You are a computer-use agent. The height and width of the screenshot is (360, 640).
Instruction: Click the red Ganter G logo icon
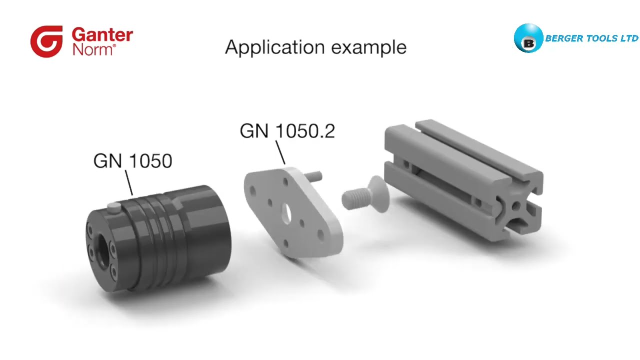(x=46, y=41)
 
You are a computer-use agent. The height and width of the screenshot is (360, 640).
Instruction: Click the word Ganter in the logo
(x=102, y=35)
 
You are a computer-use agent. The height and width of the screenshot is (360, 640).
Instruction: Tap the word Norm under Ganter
(x=93, y=49)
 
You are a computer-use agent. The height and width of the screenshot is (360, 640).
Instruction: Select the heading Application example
(x=315, y=47)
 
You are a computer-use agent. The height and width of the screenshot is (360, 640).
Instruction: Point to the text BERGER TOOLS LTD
(x=591, y=38)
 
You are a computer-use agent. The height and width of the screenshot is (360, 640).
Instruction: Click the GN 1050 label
(x=132, y=161)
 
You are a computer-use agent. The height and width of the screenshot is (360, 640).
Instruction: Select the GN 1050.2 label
(x=287, y=131)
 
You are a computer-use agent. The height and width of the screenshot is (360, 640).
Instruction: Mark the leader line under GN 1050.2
(x=280, y=152)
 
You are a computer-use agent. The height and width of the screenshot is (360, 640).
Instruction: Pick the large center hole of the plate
(x=286, y=213)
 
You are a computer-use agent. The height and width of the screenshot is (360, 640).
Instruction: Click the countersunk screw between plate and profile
(x=363, y=195)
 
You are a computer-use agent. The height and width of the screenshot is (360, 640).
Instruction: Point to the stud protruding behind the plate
(x=314, y=176)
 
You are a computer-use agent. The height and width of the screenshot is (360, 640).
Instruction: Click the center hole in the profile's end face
(x=515, y=206)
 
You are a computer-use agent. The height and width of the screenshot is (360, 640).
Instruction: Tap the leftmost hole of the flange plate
(x=253, y=190)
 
